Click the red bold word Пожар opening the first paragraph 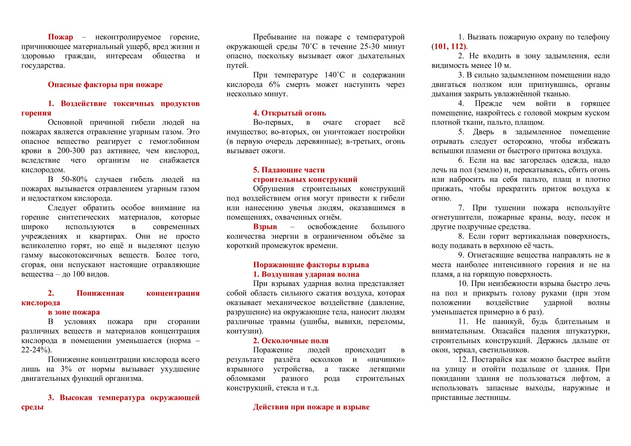point(60,37)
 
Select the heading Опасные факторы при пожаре point(105,85)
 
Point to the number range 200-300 point(71,151)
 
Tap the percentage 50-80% point(74,180)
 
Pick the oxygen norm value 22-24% point(35,350)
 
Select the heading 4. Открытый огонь point(289,113)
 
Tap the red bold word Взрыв point(265,227)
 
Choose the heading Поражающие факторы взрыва point(311,265)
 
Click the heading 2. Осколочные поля point(290,341)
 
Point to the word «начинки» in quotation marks point(386,360)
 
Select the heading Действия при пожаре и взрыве point(311,407)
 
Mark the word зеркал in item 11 point(464,350)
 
